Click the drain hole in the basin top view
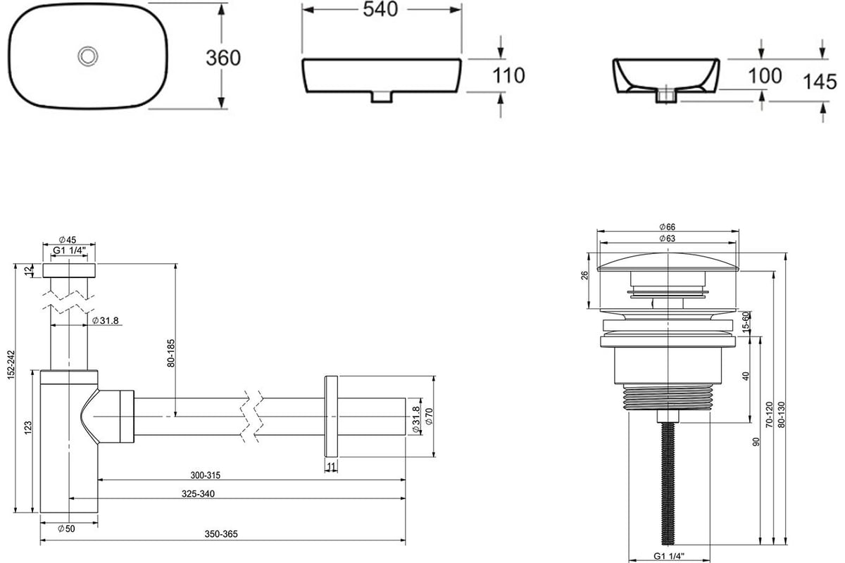[x=88, y=56]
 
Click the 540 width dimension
[x=380, y=9]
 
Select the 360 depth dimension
[x=223, y=58]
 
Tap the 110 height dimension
[x=508, y=75]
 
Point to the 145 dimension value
[x=820, y=82]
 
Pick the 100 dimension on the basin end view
[x=765, y=76]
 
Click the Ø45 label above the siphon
[x=68, y=240]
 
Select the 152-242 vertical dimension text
[x=11, y=365]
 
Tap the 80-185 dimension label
[x=171, y=353]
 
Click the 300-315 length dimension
[x=205, y=476]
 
